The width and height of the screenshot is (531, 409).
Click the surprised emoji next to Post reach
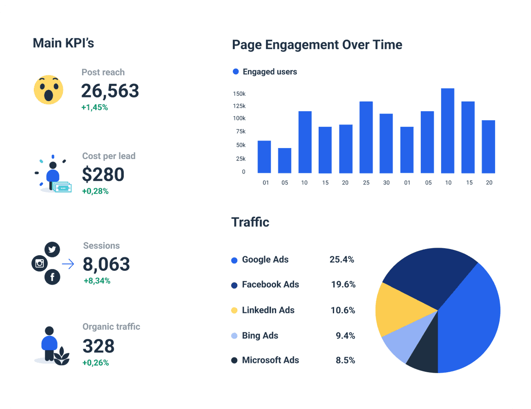click(x=49, y=90)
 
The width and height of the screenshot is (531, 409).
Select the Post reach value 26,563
click(x=110, y=91)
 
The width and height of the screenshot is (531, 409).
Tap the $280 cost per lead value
click(x=103, y=175)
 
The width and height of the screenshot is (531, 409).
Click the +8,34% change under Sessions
click(x=97, y=280)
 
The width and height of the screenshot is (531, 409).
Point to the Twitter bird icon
click(x=52, y=249)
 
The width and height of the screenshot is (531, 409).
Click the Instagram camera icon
click(x=39, y=264)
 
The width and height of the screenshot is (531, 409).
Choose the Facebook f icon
click(x=52, y=277)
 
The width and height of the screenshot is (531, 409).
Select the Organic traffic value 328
click(x=98, y=346)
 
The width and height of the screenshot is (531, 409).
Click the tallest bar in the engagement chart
click(x=448, y=131)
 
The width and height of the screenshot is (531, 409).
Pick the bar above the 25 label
click(x=366, y=137)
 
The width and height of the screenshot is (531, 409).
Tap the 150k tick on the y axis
click(x=239, y=94)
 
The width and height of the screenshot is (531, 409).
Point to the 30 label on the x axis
click(x=386, y=183)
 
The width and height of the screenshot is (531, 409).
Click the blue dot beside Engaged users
click(x=235, y=72)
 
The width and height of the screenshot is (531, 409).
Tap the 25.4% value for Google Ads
click(x=342, y=260)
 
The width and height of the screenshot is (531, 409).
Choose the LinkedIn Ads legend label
click(x=268, y=310)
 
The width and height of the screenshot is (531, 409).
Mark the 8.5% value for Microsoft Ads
click(x=345, y=360)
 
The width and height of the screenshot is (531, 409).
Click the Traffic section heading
click(x=250, y=222)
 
